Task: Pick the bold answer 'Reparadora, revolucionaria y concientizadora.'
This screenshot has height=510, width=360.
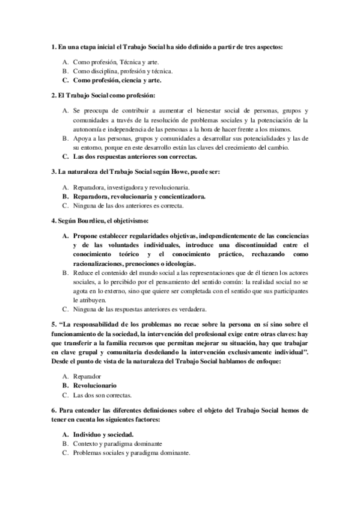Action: coord(139,196)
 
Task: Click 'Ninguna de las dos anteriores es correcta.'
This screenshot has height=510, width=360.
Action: coord(128,205)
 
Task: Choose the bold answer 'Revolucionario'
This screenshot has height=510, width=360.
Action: coord(94,385)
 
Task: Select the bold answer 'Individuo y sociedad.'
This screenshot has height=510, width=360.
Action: coord(103,434)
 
